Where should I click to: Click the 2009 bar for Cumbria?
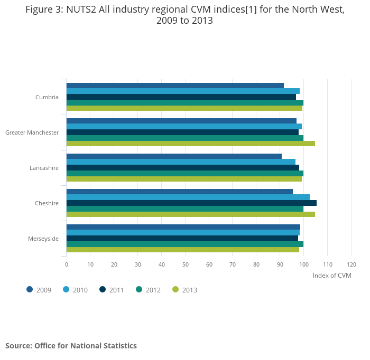(174, 86)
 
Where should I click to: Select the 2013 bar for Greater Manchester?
(190, 144)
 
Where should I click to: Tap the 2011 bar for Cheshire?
(191, 203)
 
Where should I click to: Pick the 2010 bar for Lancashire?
(181, 162)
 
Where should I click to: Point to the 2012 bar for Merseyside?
(184, 244)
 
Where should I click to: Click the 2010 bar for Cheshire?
(188, 197)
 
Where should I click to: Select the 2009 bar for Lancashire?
(174, 156)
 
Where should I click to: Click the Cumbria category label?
(47, 97)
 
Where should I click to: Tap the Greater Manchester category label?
(32, 132)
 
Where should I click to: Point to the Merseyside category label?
(43, 239)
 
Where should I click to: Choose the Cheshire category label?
(47, 203)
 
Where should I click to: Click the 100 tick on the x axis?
(303, 264)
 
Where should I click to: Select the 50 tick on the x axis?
(185, 264)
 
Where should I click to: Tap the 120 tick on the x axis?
(351, 264)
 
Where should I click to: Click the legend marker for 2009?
(30, 289)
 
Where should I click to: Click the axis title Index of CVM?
(331, 276)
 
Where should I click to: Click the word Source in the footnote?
(18, 346)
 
